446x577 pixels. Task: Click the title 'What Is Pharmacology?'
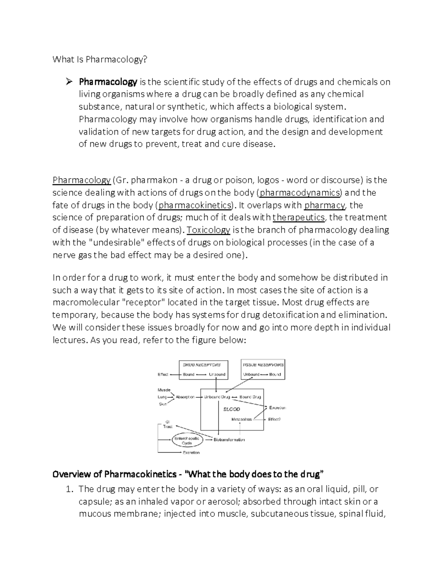100,59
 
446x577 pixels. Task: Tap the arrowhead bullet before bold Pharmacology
68,82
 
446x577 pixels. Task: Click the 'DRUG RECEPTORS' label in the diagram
202,365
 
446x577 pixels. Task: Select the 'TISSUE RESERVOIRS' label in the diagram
263,365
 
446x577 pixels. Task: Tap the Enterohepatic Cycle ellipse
187,441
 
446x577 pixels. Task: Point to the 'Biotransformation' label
229,440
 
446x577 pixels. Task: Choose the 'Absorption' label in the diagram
185,397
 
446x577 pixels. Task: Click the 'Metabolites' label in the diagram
242,419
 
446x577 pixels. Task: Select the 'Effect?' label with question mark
274,419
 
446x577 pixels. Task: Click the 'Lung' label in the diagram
162,397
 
